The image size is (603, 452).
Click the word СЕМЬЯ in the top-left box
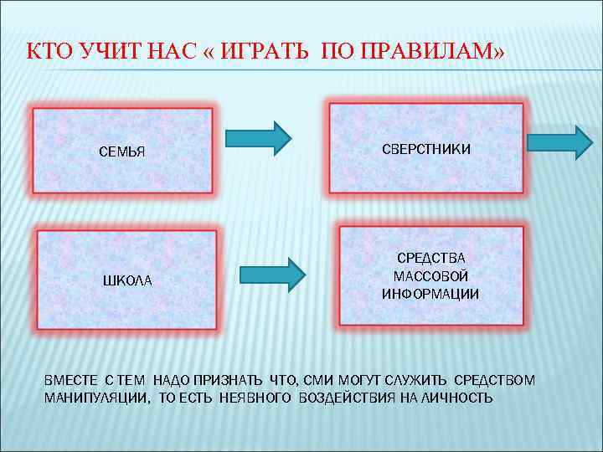point(122,152)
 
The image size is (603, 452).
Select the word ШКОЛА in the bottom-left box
point(127,280)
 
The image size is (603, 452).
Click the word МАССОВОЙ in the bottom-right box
point(430,276)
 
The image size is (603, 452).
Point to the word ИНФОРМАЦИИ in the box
point(430,293)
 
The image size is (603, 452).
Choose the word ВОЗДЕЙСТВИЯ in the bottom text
point(343,398)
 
